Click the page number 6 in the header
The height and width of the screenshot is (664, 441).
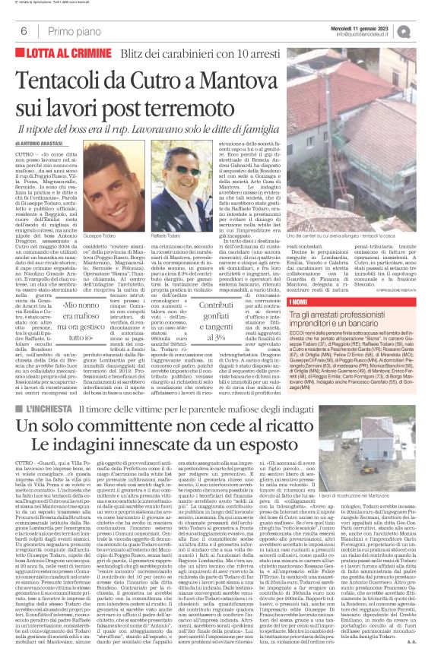(x=14, y=30)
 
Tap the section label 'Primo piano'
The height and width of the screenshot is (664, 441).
(x=56, y=30)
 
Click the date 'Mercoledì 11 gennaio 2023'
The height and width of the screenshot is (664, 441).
(x=378, y=25)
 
